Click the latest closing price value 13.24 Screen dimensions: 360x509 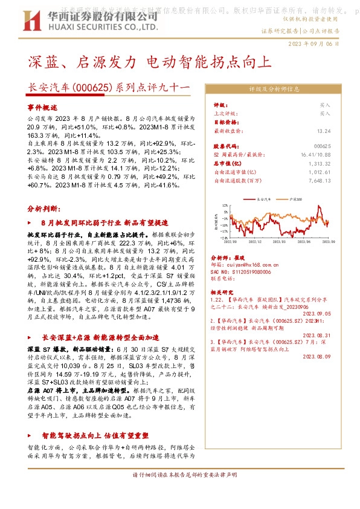coord(324,131)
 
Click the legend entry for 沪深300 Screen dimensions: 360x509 coord(295,198)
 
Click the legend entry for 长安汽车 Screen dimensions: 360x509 coord(263,198)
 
